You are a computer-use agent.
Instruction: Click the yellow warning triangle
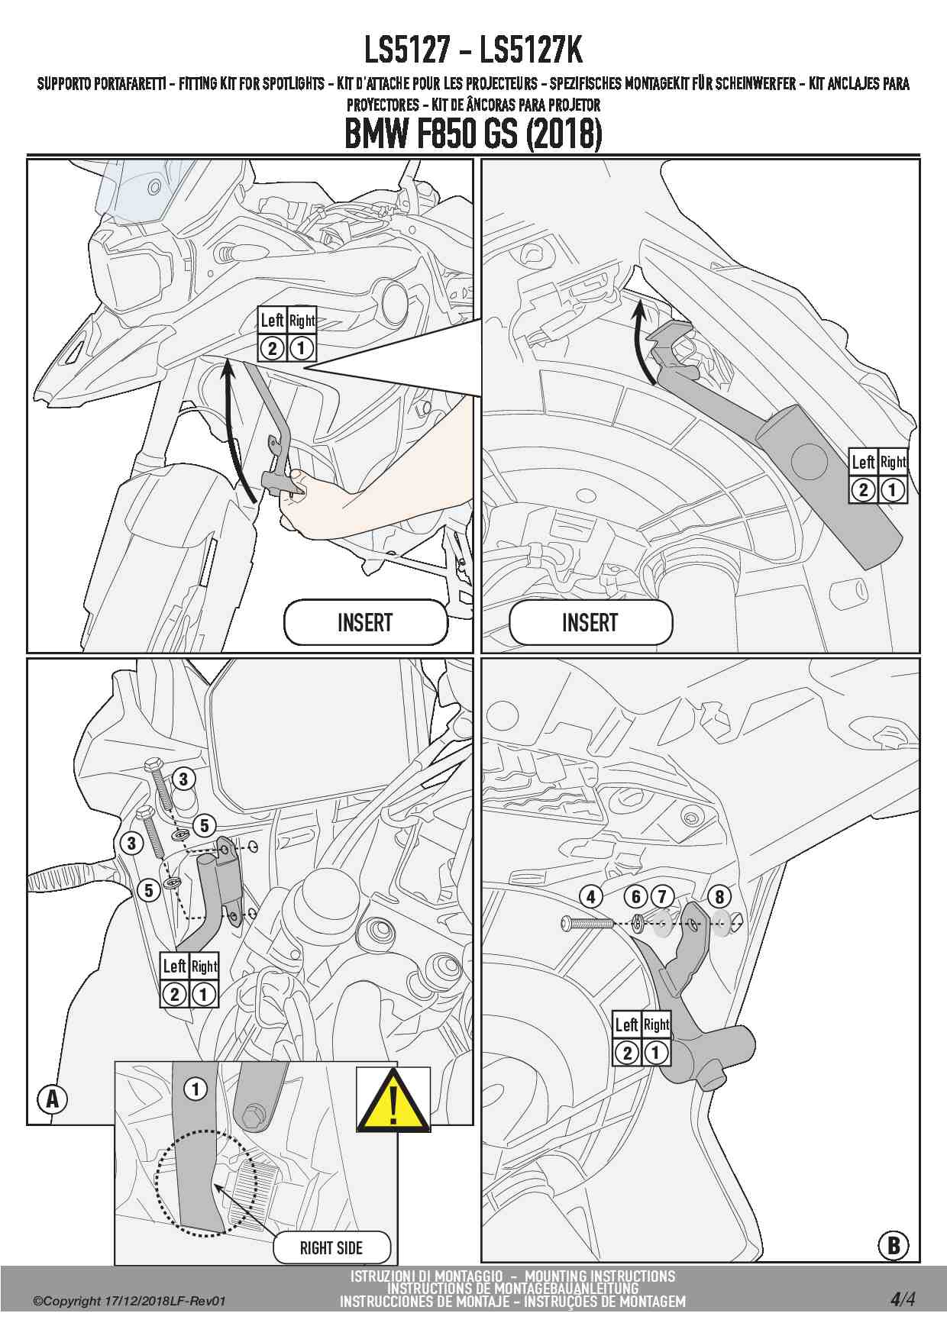pyautogui.click(x=393, y=1100)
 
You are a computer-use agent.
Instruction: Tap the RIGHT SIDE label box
pyautogui.click(x=331, y=1247)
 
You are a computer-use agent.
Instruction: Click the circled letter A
pyautogui.click(x=53, y=1099)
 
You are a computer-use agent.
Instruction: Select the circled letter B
pyautogui.click(x=893, y=1247)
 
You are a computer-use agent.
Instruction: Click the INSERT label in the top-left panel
pyautogui.click(x=365, y=622)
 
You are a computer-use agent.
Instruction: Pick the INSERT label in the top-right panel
pyautogui.click(x=590, y=622)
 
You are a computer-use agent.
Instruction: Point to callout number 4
pyautogui.click(x=591, y=896)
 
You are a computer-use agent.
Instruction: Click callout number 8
pyautogui.click(x=719, y=896)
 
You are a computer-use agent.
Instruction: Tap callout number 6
pyautogui.click(x=636, y=896)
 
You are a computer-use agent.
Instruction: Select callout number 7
pyautogui.click(x=661, y=896)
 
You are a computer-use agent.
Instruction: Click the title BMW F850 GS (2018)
pyautogui.click(x=473, y=134)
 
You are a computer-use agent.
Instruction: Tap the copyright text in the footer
pyautogui.click(x=129, y=1301)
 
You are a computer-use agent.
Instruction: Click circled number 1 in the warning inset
pyautogui.click(x=196, y=1089)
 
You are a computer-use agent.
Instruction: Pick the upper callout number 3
pyautogui.click(x=183, y=779)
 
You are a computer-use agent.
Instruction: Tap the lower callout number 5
pyautogui.click(x=149, y=890)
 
